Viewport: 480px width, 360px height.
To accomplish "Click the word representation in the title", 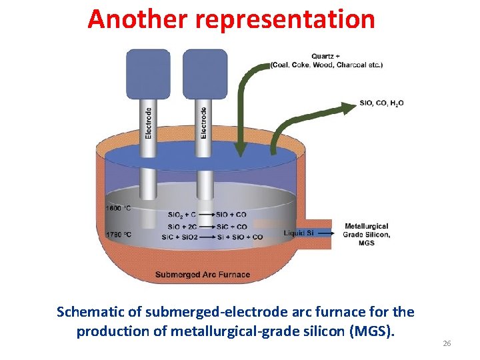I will point(285,19).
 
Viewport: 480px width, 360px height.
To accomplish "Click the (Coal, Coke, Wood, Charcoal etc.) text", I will point(327,65).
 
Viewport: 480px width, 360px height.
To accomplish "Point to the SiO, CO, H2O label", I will point(381,103).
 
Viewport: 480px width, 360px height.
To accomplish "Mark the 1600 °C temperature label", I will point(118,209).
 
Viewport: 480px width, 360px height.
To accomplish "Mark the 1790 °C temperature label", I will point(118,235).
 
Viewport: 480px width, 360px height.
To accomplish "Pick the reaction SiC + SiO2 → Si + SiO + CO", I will point(212,237).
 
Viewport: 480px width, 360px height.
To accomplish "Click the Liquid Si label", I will point(298,233).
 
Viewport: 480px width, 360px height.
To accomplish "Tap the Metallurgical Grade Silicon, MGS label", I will point(366,235).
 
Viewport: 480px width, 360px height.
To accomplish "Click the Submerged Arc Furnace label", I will point(202,274).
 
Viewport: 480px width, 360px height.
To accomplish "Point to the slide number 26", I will point(447,343).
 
